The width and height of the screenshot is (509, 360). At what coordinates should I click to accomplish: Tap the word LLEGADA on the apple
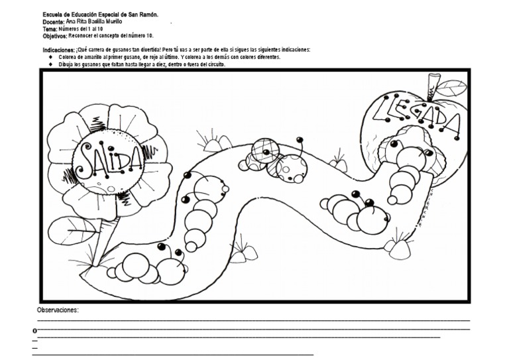click(416, 115)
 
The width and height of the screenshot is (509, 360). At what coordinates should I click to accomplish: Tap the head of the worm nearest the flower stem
click(170, 270)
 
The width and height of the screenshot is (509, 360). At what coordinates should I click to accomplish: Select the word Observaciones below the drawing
click(58, 310)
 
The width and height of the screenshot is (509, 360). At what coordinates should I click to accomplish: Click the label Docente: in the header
click(54, 22)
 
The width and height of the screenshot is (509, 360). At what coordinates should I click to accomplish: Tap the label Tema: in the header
click(50, 29)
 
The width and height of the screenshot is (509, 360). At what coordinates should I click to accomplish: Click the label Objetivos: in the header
click(55, 36)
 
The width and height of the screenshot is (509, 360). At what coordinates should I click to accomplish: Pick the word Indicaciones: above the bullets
click(59, 50)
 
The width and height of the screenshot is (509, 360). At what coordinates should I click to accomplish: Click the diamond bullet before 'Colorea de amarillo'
click(50, 57)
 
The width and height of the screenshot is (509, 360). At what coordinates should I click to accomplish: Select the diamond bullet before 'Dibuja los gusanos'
click(50, 64)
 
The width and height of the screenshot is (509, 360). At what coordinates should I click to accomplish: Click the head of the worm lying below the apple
click(372, 219)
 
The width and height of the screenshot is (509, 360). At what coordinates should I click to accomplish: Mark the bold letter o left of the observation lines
click(34, 331)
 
